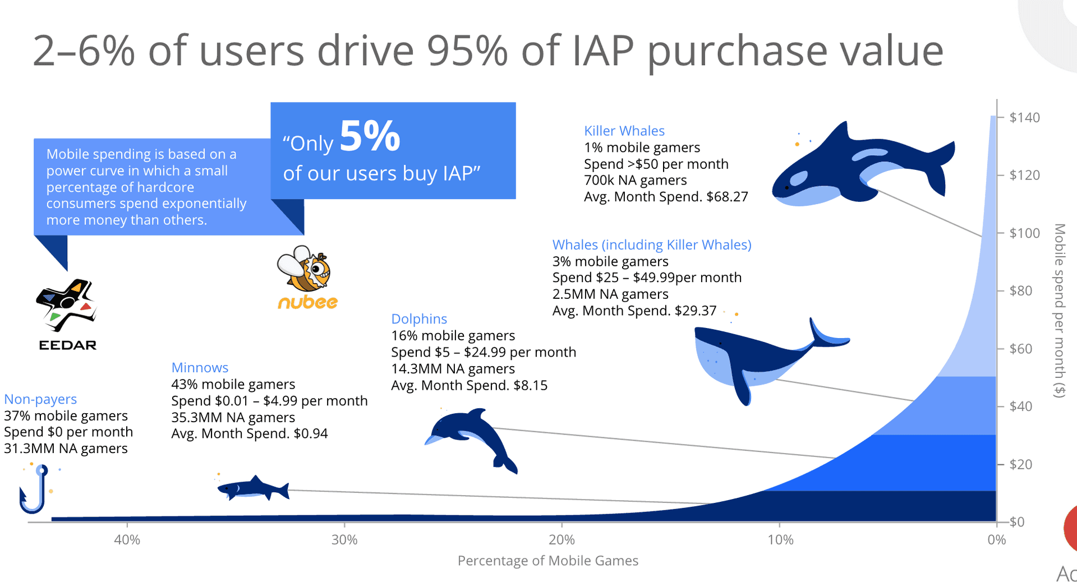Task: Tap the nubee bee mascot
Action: [x=305, y=269]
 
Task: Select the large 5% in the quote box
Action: [x=370, y=136]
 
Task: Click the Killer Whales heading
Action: [x=624, y=131]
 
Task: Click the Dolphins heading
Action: [x=419, y=319]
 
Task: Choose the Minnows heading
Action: [x=200, y=368]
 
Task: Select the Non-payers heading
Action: [x=40, y=399]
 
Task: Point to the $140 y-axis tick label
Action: [x=1024, y=118]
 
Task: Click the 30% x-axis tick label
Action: [x=344, y=540]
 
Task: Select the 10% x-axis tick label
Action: [x=780, y=540]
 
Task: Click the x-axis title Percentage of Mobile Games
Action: [x=547, y=561]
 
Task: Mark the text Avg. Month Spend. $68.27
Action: [x=666, y=197]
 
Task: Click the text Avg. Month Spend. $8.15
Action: [x=469, y=385]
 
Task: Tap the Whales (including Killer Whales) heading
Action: [x=652, y=245]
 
